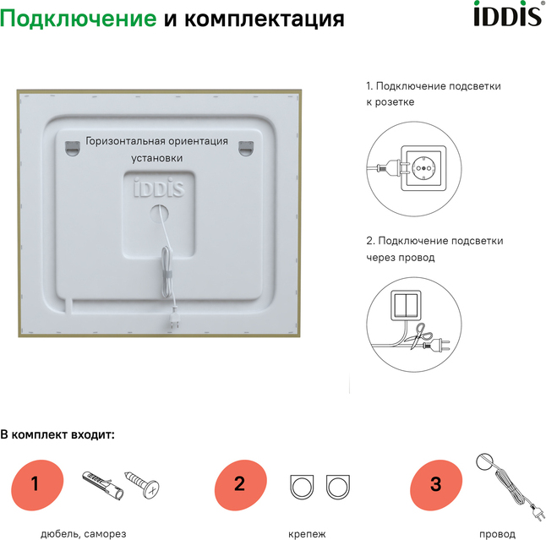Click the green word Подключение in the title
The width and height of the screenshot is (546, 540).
tap(79, 19)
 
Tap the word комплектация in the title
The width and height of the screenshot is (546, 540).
tap(265, 19)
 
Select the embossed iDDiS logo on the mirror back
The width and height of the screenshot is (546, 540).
tap(159, 188)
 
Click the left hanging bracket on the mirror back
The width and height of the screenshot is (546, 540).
tap(73, 149)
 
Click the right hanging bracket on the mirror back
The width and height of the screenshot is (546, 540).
tap(246, 149)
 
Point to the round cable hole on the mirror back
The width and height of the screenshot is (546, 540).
tap(160, 214)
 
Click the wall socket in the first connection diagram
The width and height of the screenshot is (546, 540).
tap(423, 168)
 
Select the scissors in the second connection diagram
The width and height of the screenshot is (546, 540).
tap(420, 335)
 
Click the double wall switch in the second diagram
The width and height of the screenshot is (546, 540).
tap(406, 305)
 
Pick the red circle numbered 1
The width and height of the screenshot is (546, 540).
tap(37, 484)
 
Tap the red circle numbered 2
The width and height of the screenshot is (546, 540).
tap(241, 484)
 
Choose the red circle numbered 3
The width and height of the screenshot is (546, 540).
tap(436, 484)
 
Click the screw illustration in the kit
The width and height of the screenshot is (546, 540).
tap(142, 483)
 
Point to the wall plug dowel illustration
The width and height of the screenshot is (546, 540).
tap(103, 486)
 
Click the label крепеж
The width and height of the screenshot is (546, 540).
tap(307, 534)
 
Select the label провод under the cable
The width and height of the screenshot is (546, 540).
tap(497, 534)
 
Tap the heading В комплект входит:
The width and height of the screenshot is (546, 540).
tap(57, 435)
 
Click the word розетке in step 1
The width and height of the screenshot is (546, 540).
tap(395, 102)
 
